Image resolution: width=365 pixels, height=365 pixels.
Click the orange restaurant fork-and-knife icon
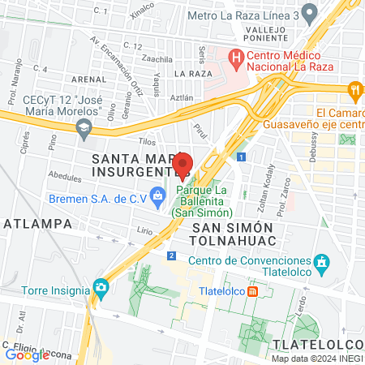(x=354, y=90)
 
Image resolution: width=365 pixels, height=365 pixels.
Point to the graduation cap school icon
(x=83, y=127)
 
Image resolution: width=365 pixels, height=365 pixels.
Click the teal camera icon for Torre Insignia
(x=101, y=287)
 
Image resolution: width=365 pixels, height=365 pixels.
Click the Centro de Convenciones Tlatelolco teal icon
(x=322, y=262)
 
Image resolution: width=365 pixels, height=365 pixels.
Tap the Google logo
(x=27, y=354)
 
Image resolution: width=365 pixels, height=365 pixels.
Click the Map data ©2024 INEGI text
(x=316, y=359)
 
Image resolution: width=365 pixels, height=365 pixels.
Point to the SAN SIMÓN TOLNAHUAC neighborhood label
(x=234, y=234)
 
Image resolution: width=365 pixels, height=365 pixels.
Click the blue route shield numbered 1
(x=241, y=157)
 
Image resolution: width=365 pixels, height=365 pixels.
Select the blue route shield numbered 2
(x=171, y=255)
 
